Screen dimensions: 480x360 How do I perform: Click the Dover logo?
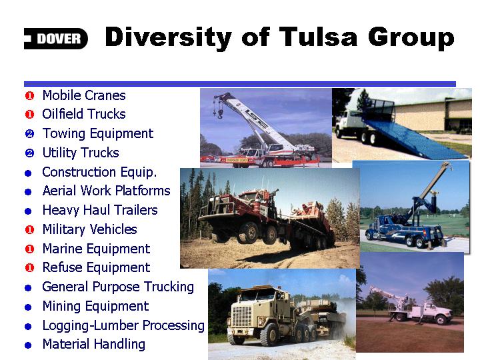pyautogui.click(x=56, y=39)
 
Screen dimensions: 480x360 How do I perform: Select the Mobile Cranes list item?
pyautogui.click(x=84, y=95)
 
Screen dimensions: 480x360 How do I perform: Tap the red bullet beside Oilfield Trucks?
pyautogui.click(x=29, y=115)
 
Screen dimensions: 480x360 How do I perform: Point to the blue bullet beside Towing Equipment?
pyautogui.click(x=29, y=134)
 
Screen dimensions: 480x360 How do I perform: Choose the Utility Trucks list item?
pyautogui.click(x=81, y=153)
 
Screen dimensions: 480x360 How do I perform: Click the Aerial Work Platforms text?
pyautogui.click(x=106, y=191)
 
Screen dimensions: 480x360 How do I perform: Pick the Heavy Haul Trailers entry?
pyautogui.click(x=100, y=210)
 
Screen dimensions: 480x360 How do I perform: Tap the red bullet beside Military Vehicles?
pyautogui.click(x=29, y=229)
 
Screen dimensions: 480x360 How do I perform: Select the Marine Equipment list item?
pyautogui.click(x=96, y=249)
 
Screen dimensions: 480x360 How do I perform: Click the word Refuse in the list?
pyautogui.click(x=63, y=267)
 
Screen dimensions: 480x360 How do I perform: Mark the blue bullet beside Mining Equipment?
pyautogui.click(x=28, y=307)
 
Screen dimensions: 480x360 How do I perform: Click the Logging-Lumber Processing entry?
pyautogui.click(x=123, y=325)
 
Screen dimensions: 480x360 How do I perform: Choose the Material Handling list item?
pyautogui.click(x=94, y=344)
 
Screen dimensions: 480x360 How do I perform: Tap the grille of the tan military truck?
pyautogui.click(x=242, y=317)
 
